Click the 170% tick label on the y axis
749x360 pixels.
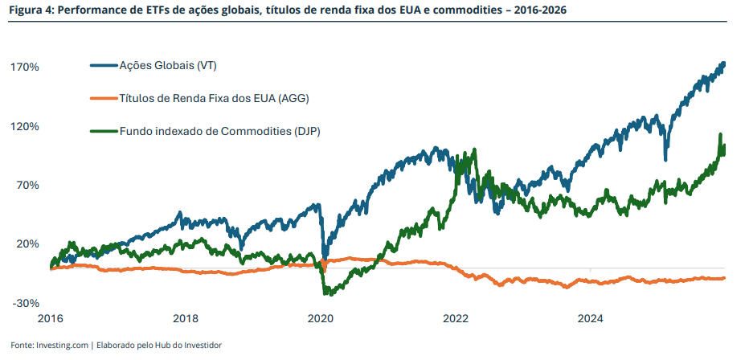[25, 67]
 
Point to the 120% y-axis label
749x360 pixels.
[25, 126]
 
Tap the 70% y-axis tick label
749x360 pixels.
[27, 185]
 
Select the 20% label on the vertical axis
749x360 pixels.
[27, 243]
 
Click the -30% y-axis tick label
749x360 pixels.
[25, 303]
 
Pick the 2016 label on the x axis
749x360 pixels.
[50, 318]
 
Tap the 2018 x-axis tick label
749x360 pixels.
[186, 318]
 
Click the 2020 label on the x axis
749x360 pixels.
[321, 318]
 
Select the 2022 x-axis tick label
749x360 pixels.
[456, 318]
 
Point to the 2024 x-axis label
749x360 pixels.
[591, 318]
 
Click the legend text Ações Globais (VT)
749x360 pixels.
[168, 64]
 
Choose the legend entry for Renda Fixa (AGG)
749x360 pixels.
[214, 98]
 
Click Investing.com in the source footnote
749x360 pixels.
[63, 345]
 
